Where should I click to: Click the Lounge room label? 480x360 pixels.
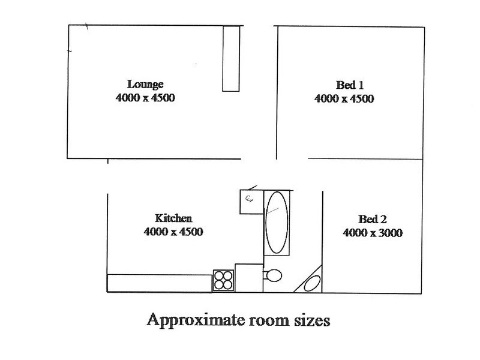pyautogui.click(x=145, y=85)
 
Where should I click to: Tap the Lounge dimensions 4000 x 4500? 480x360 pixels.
pyautogui.click(x=145, y=98)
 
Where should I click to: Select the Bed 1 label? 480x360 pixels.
pyautogui.click(x=350, y=85)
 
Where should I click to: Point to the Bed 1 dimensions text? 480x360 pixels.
pyautogui.click(x=344, y=98)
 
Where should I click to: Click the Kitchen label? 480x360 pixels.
pyautogui.click(x=173, y=218)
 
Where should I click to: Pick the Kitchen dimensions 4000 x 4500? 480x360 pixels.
pyautogui.click(x=173, y=232)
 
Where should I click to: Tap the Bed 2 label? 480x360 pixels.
pyautogui.click(x=372, y=219)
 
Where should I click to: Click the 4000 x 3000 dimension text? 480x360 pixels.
pyautogui.click(x=373, y=233)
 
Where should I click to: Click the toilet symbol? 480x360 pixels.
pyautogui.click(x=272, y=275)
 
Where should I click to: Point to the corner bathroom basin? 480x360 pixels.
pyautogui.click(x=311, y=283)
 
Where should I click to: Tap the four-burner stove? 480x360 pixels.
pyautogui.click(x=223, y=280)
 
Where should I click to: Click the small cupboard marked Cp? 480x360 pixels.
pyautogui.click(x=251, y=202)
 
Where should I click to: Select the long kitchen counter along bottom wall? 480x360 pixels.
pyautogui.click(x=160, y=283)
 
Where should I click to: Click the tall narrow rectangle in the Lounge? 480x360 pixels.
pyautogui.click(x=231, y=58)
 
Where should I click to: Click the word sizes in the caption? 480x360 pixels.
pyautogui.click(x=312, y=321)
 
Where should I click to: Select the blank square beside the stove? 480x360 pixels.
pyautogui.click(x=249, y=278)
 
